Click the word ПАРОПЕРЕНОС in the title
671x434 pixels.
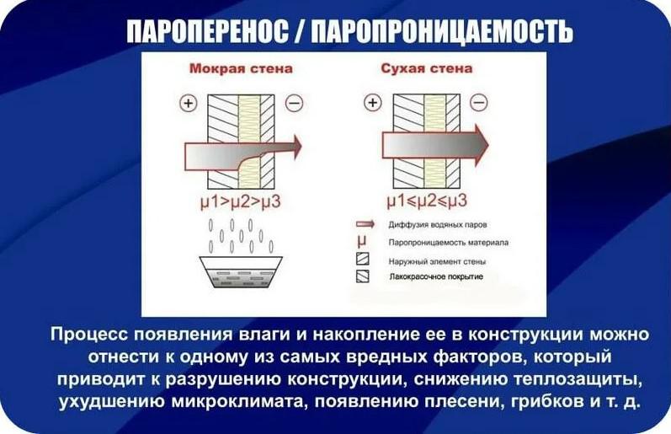(208, 31)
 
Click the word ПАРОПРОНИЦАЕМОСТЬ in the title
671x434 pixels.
(442, 31)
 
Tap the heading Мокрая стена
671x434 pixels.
(241, 68)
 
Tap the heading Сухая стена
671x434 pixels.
(427, 68)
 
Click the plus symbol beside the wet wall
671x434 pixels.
(189, 103)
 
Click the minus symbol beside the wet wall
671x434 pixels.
(294, 103)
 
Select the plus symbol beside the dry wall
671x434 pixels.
(373, 103)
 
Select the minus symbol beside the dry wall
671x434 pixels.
(479, 103)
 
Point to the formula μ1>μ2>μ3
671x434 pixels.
(241, 201)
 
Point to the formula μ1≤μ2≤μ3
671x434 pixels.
(427, 201)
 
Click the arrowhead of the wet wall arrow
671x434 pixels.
(296, 146)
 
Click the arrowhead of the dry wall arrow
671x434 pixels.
(481, 144)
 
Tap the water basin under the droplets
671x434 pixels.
(241, 272)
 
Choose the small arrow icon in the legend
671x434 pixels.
(365, 224)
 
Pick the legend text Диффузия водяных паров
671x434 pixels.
(437, 224)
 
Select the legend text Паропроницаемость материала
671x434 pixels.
(449, 243)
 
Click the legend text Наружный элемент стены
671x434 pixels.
(437, 261)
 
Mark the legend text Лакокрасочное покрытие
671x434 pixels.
(436, 276)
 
